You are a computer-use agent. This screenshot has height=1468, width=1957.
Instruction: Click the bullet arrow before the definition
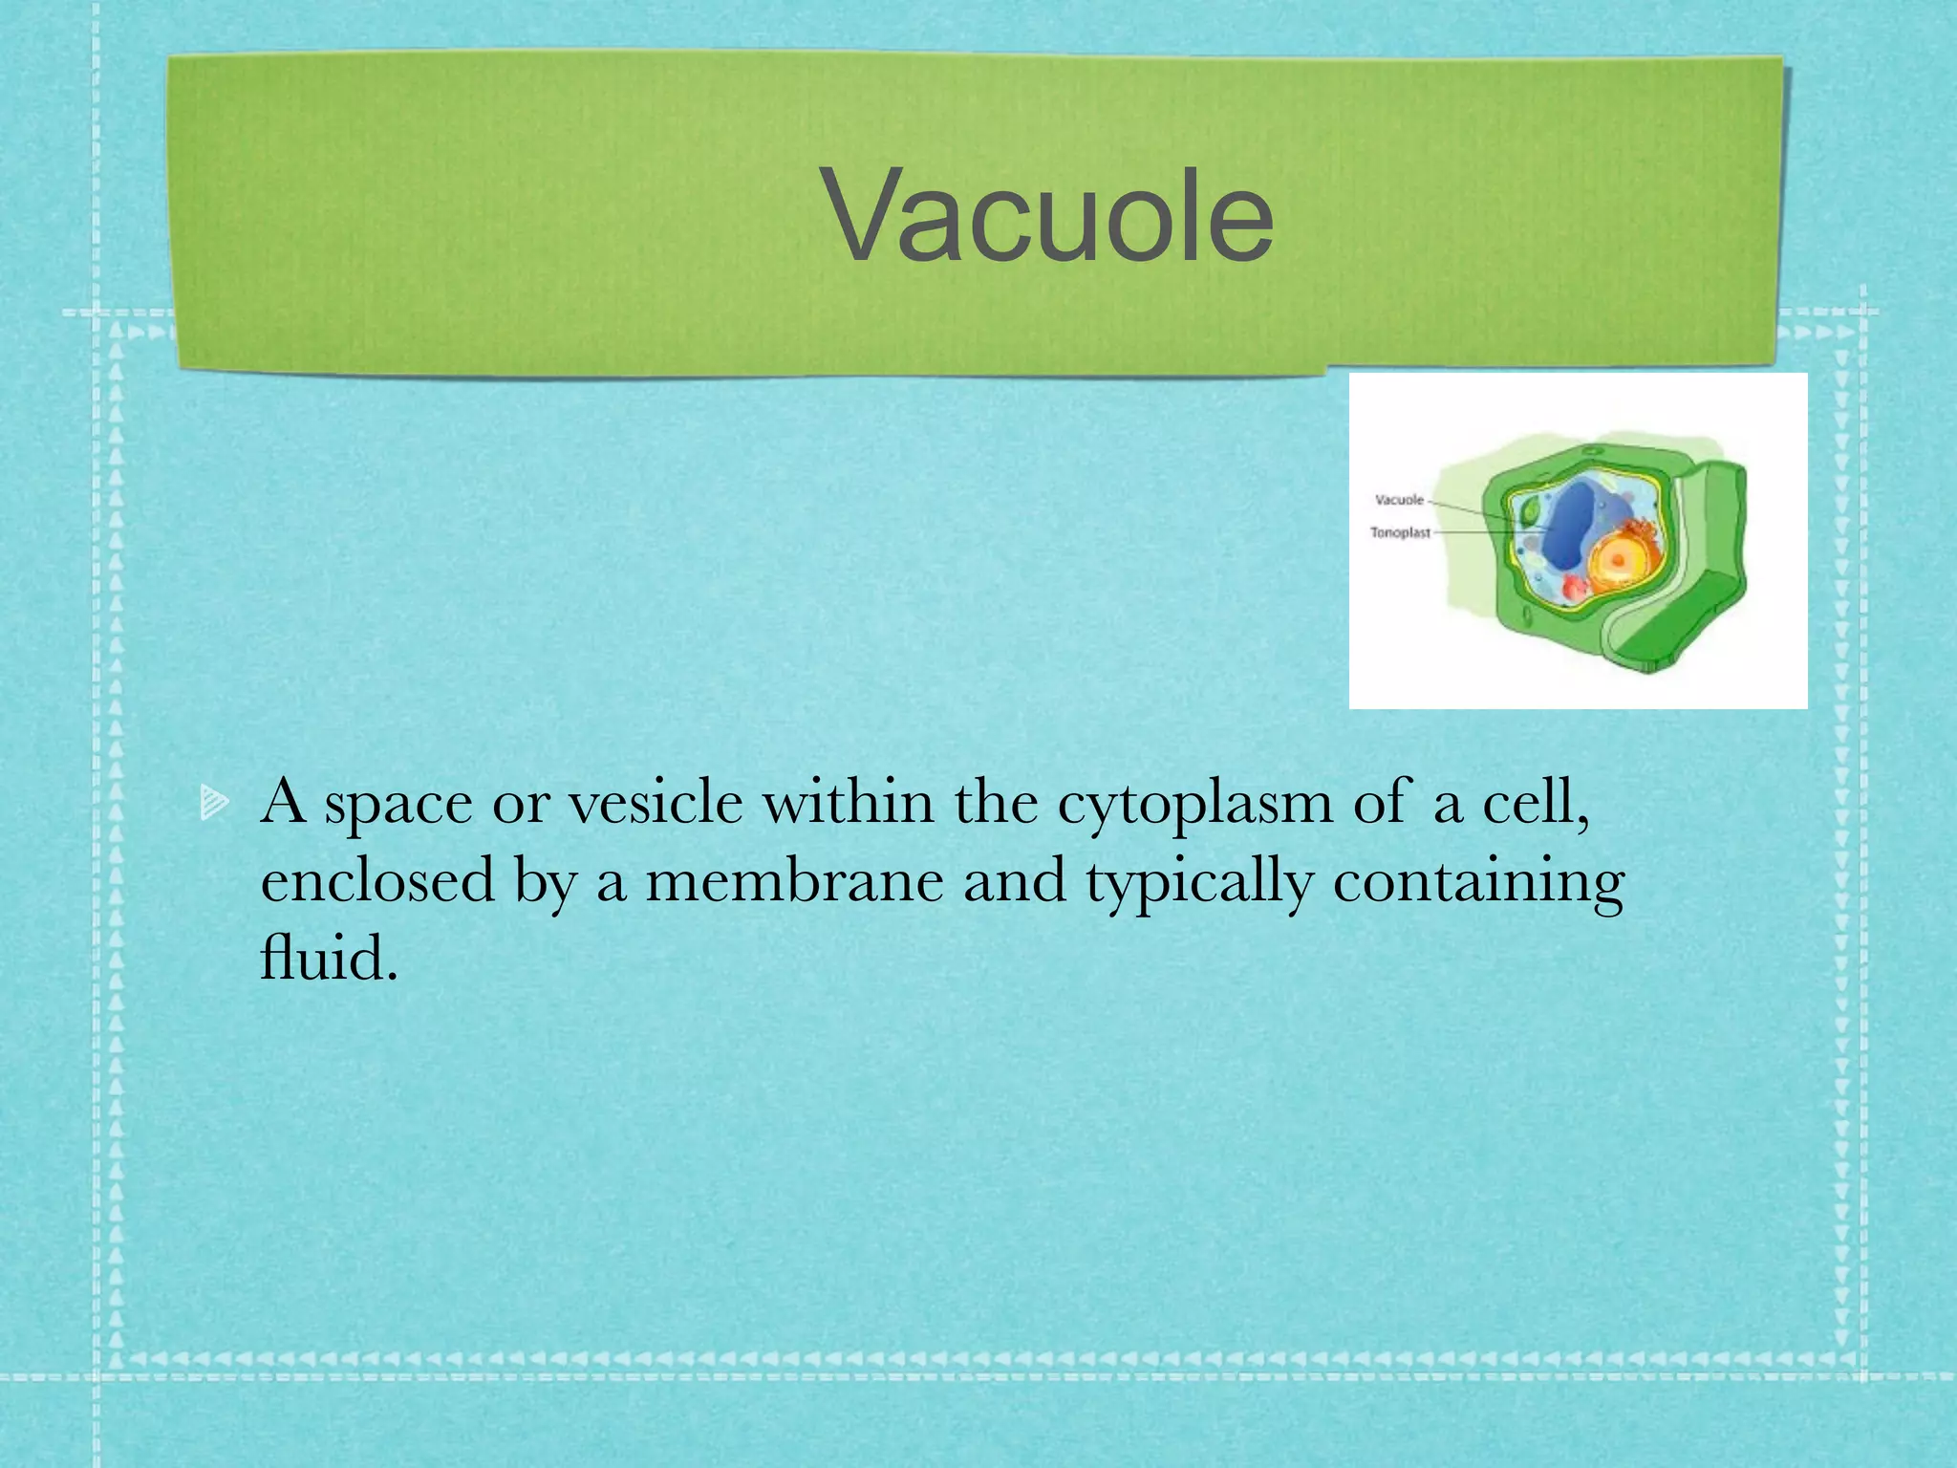coord(214,803)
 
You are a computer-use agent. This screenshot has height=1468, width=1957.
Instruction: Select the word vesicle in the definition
coord(656,803)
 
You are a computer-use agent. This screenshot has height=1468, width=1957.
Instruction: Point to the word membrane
coord(794,880)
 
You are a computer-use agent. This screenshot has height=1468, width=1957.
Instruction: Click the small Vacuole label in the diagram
coord(1398,500)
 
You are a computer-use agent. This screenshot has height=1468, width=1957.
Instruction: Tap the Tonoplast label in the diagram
coord(1400,532)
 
